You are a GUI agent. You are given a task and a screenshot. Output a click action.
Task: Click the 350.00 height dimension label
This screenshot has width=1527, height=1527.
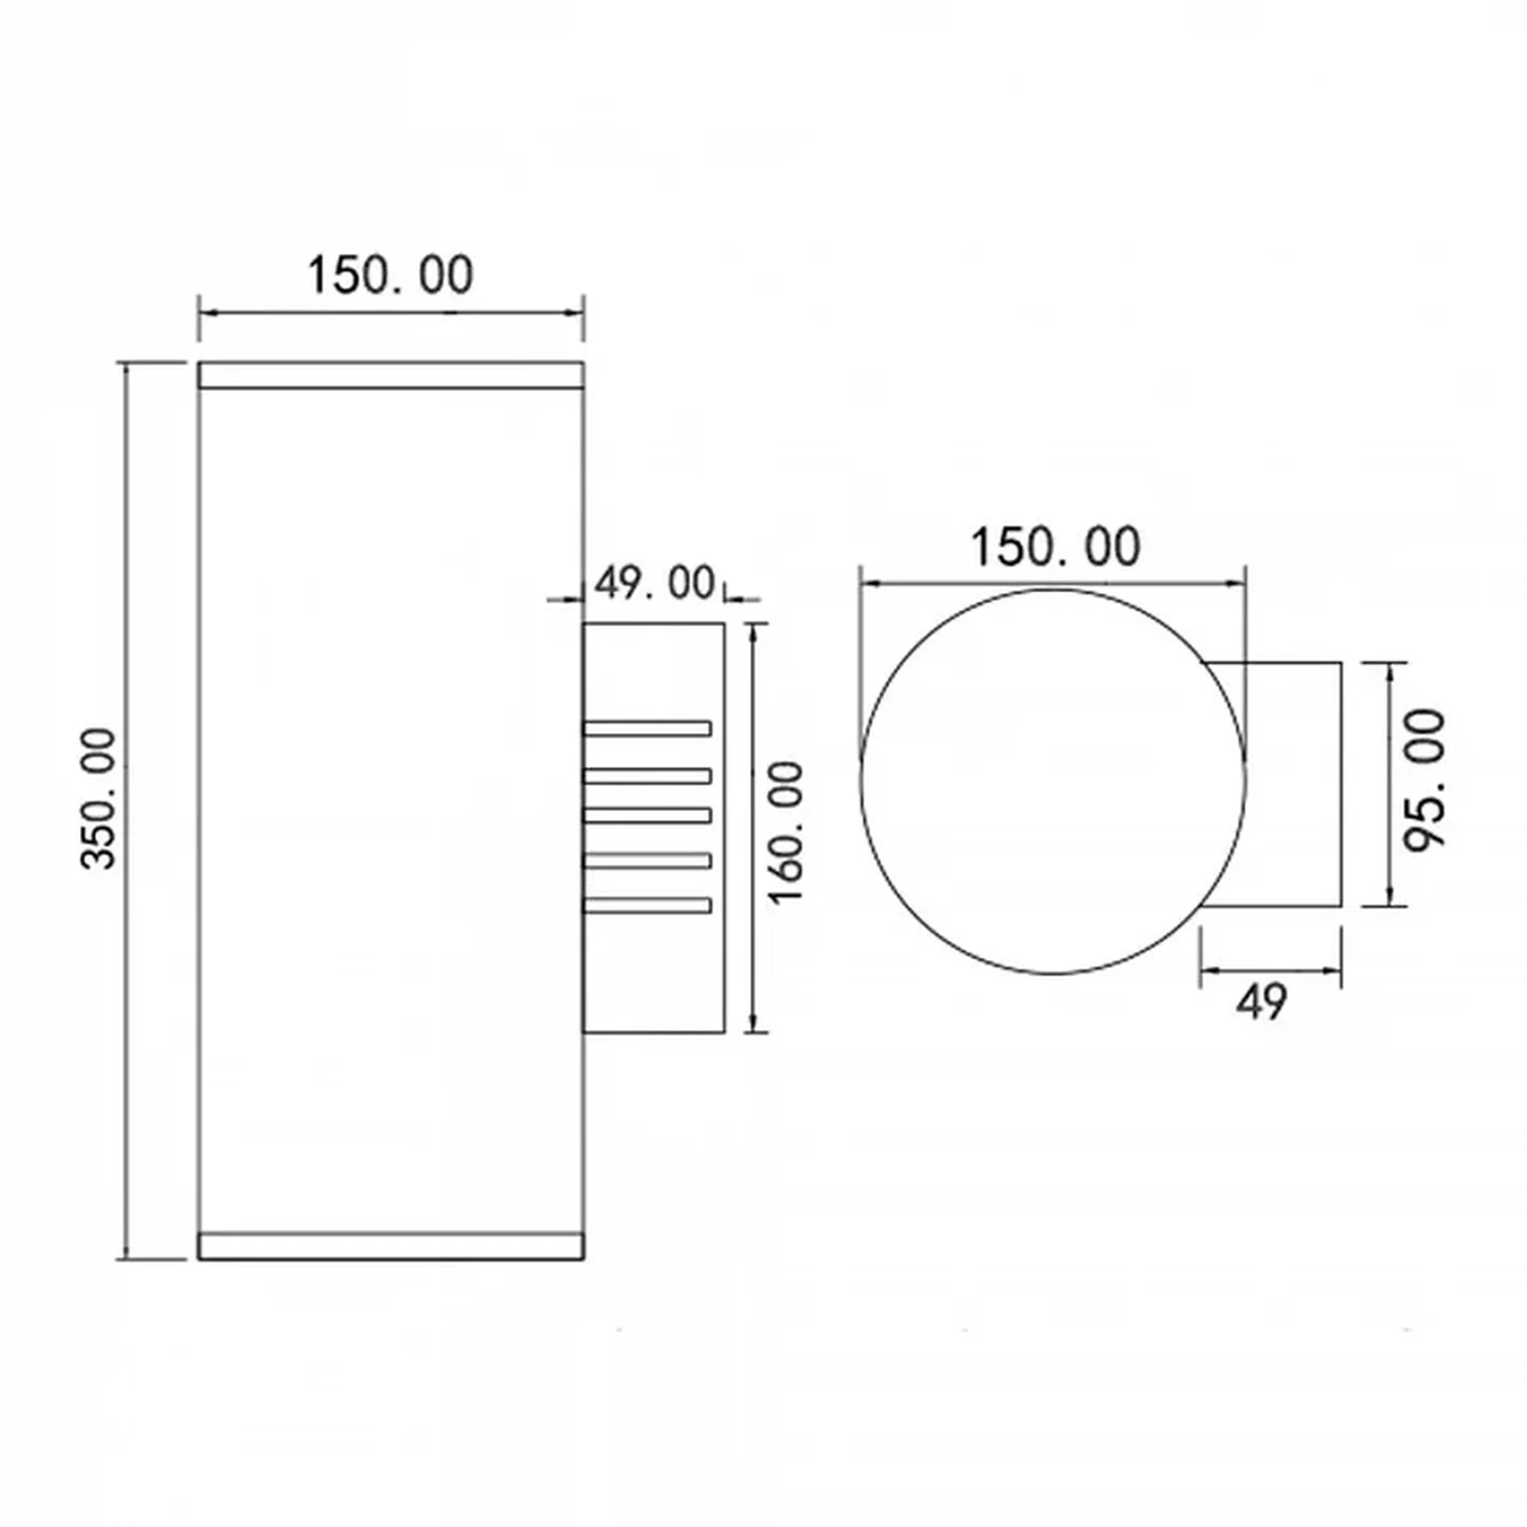(99, 799)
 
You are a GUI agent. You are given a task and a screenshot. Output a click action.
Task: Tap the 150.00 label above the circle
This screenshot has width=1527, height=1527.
(1055, 547)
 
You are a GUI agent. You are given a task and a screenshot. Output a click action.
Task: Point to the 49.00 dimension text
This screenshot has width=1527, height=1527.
(654, 583)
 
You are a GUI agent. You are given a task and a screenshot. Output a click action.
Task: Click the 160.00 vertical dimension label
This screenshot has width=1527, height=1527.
(786, 833)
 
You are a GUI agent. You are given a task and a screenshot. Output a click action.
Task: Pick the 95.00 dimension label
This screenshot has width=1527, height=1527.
(1425, 780)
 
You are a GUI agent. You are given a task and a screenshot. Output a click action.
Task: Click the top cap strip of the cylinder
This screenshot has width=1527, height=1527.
(391, 376)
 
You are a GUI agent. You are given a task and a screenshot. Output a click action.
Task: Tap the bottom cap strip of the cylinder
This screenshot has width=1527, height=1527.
(391, 1246)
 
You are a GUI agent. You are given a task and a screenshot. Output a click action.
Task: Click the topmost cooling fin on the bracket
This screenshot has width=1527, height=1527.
(647, 729)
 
